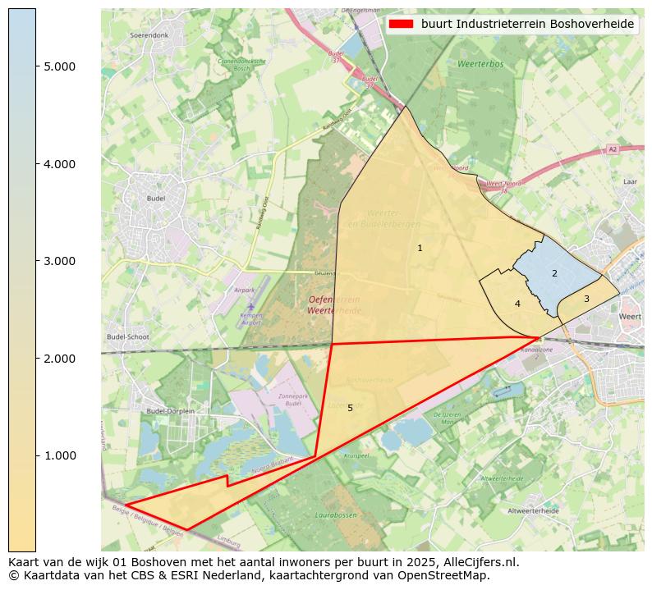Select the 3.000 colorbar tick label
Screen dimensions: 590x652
coord(59,261)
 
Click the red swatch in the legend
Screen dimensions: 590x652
coord(402,25)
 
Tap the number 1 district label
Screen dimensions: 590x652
coord(420,248)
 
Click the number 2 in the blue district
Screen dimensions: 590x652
coord(554,273)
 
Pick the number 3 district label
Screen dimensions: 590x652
coord(586,299)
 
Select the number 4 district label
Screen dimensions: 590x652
coord(517,304)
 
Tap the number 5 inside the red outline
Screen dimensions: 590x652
coord(350,408)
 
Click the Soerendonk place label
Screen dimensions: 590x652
coord(149,36)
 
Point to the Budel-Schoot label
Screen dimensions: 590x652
coord(127,337)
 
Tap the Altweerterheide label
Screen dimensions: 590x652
coord(533,510)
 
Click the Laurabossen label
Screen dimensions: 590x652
coord(334,516)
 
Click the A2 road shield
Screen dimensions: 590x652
coord(612,149)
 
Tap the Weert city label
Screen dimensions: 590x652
coord(630,316)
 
